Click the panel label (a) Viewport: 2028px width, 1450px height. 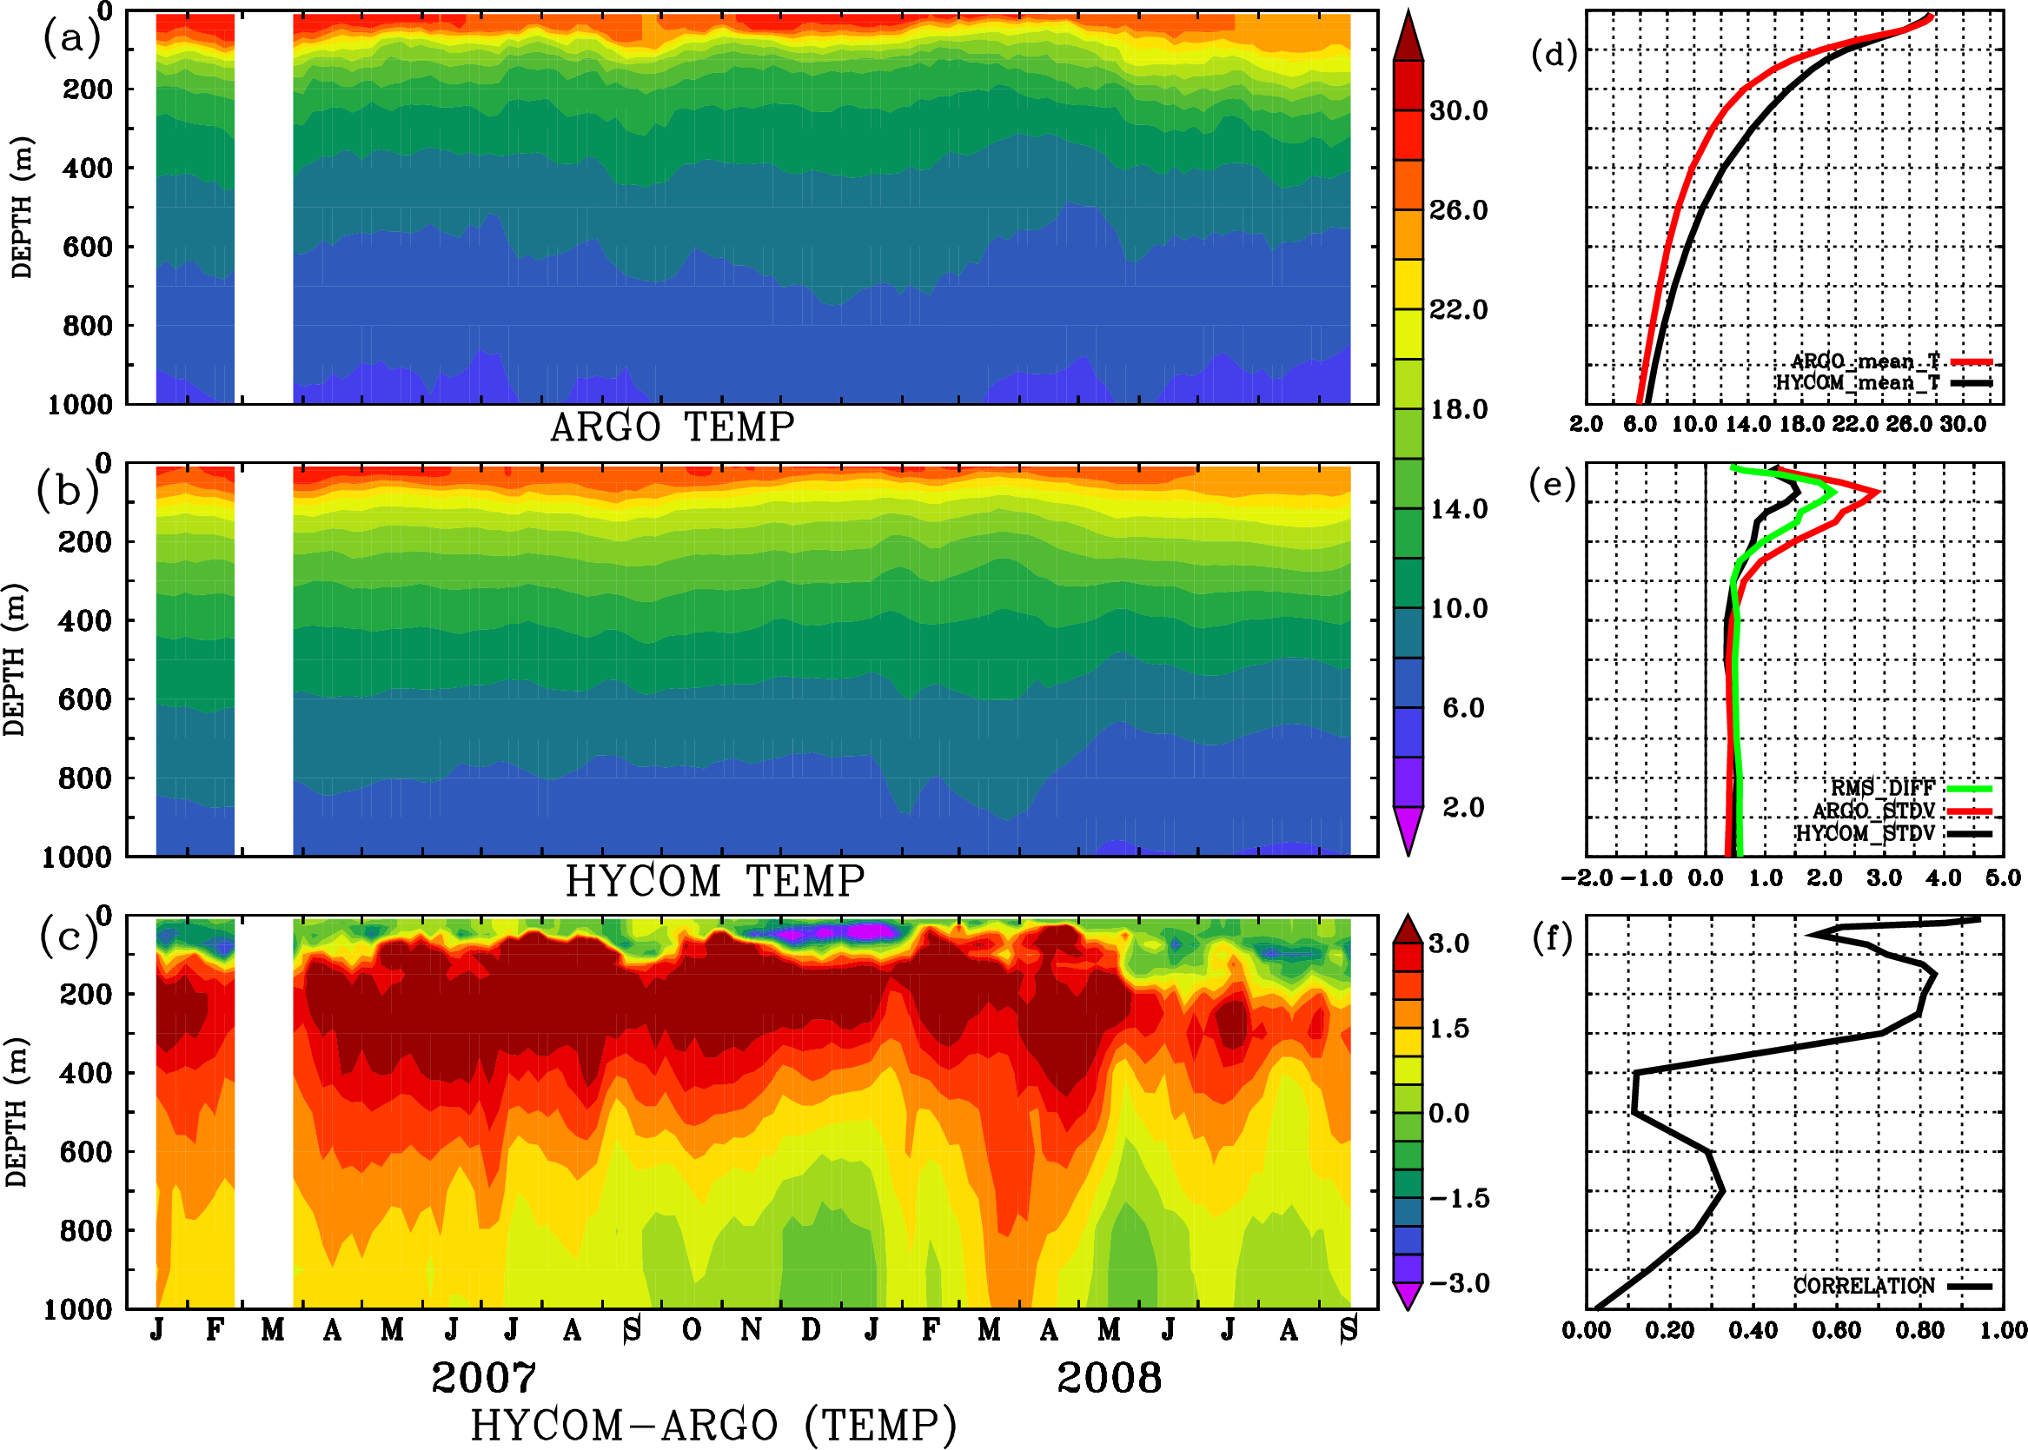pyautogui.click(x=71, y=38)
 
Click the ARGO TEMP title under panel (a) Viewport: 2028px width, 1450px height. pyautogui.click(x=672, y=427)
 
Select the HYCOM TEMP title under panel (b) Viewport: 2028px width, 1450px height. pyautogui.click(x=715, y=881)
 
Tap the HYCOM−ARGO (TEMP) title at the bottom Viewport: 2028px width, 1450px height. pyautogui.click(x=713, y=1425)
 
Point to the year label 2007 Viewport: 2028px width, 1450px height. pyautogui.click(x=484, y=1378)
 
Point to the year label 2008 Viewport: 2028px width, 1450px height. pyautogui.click(x=1109, y=1378)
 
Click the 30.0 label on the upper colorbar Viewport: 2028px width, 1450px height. pyautogui.click(x=1458, y=110)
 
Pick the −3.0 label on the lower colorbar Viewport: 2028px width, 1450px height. pyautogui.click(x=1458, y=1283)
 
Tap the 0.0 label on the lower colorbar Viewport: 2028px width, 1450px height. pyautogui.click(x=1448, y=1114)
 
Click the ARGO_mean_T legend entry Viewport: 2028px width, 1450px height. pyautogui.click(x=1865, y=361)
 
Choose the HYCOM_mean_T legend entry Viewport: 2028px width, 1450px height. pyautogui.click(x=1858, y=383)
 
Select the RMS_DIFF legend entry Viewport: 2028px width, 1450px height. pyautogui.click(x=1882, y=788)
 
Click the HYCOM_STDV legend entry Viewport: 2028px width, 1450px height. pyautogui.click(x=1865, y=833)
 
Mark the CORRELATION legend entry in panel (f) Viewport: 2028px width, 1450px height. pyautogui.click(x=1864, y=1286)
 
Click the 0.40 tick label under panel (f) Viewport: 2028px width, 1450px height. pyautogui.click(x=1753, y=1330)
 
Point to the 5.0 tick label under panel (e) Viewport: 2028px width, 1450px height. pyautogui.click(x=2003, y=878)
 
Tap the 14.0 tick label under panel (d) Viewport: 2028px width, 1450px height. pyautogui.click(x=1746, y=424)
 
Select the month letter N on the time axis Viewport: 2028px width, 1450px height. pyautogui.click(x=751, y=1330)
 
